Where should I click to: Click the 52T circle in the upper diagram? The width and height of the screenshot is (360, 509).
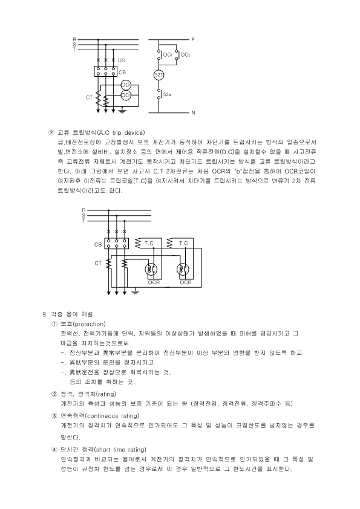tap(159, 74)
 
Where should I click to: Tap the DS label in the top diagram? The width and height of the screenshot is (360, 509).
tap(122, 60)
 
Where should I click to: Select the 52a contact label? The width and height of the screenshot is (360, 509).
tap(167, 95)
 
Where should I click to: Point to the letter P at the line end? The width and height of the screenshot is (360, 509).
tap(192, 39)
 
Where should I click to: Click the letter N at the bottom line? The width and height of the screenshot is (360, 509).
tap(192, 113)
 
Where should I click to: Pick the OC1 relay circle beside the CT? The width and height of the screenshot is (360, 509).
tap(126, 85)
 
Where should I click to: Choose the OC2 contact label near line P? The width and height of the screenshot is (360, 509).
tap(185, 56)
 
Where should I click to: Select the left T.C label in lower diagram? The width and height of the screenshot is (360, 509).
tap(148, 243)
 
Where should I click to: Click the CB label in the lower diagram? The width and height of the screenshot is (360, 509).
tap(98, 245)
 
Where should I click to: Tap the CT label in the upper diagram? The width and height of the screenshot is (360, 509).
tap(89, 97)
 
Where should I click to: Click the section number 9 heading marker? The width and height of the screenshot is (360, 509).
tap(44, 314)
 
